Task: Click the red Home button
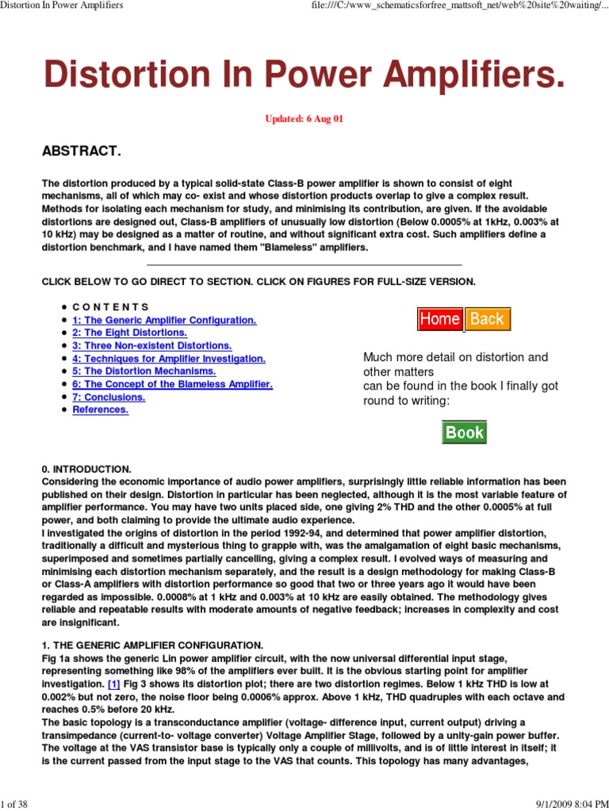(x=440, y=319)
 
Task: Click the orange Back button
(x=488, y=319)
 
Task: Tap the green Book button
(x=464, y=432)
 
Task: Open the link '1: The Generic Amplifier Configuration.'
(x=164, y=320)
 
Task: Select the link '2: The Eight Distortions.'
(x=129, y=333)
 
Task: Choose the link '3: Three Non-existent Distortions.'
(x=152, y=345)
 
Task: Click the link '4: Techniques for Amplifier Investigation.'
(x=169, y=359)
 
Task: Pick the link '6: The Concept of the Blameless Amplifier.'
(x=172, y=384)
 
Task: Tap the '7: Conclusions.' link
(x=109, y=397)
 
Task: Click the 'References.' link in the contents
(x=100, y=409)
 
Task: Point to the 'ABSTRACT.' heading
(x=82, y=151)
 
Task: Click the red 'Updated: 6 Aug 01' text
(x=304, y=119)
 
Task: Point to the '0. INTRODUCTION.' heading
(x=86, y=469)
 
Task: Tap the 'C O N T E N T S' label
(x=110, y=307)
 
